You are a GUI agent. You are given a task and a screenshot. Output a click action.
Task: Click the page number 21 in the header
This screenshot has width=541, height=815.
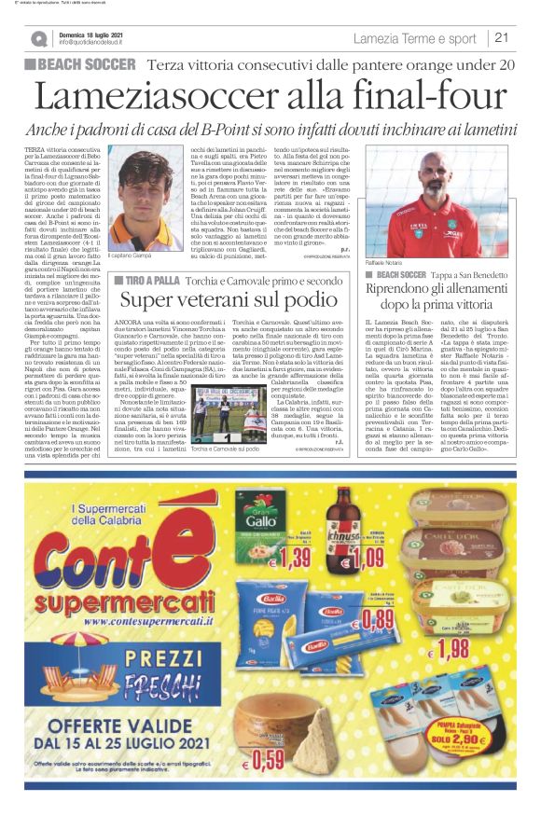[x=502, y=38]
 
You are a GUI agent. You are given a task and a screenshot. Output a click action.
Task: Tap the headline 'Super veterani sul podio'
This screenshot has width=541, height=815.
[x=234, y=300]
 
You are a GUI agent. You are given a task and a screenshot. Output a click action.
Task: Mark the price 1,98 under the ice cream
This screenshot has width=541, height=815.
[x=452, y=645]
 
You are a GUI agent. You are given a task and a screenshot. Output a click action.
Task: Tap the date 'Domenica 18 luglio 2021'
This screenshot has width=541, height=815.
[x=90, y=35]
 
